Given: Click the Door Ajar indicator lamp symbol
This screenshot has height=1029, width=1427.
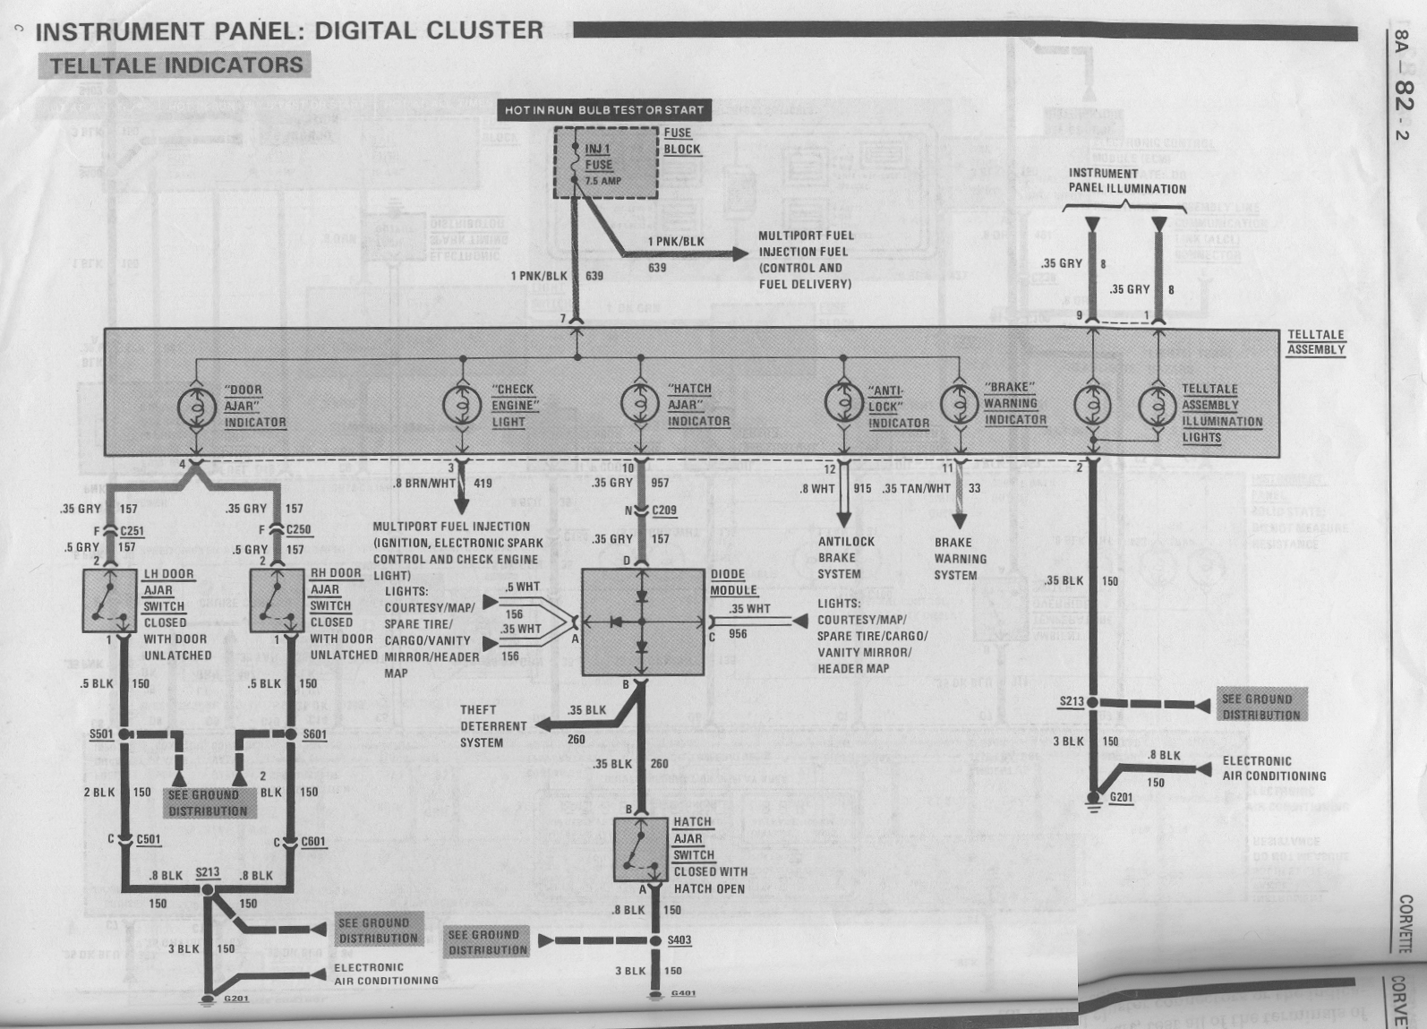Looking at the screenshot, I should pyautogui.click(x=195, y=407).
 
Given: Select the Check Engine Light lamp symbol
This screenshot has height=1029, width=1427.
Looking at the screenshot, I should pyautogui.click(x=462, y=405).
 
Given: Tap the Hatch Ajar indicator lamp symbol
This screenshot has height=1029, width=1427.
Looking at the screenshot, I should pyautogui.click(x=640, y=405).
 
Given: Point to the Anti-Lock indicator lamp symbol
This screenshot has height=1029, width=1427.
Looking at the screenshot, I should pyautogui.click(x=843, y=405).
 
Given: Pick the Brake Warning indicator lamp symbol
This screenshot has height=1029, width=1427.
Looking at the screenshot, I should pyautogui.click(x=960, y=405).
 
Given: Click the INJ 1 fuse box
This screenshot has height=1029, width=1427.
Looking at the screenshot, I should pyautogui.click(x=606, y=162).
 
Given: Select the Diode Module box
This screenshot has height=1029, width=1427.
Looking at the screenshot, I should pyautogui.click(x=642, y=622).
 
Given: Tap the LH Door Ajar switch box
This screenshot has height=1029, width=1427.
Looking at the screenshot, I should pyautogui.click(x=109, y=600).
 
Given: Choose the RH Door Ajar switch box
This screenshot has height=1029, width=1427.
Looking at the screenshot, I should pyautogui.click(x=277, y=600).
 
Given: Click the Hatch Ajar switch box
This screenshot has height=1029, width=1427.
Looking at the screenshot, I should pyautogui.click(x=641, y=849).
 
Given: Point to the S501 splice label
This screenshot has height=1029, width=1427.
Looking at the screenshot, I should pyautogui.click(x=101, y=734).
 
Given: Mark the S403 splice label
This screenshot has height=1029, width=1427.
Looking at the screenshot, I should pyautogui.click(x=679, y=940).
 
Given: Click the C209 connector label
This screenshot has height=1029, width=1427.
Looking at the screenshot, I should pyautogui.click(x=664, y=511).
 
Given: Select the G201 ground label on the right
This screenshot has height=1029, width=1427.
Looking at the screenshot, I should pyautogui.click(x=1121, y=798).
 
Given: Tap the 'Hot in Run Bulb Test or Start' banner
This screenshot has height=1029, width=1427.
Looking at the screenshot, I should pyautogui.click(x=604, y=110).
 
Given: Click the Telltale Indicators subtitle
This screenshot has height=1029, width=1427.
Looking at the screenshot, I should pyautogui.click(x=175, y=65).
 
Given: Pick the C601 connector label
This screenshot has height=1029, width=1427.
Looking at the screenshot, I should pyautogui.click(x=313, y=842).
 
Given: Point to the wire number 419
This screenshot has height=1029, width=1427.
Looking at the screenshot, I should pyautogui.click(x=483, y=484).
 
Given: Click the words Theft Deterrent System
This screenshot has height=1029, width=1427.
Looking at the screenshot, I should pyautogui.click(x=493, y=726).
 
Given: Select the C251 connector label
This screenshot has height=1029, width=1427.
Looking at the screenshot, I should pyautogui.click(x=132, y=531).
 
